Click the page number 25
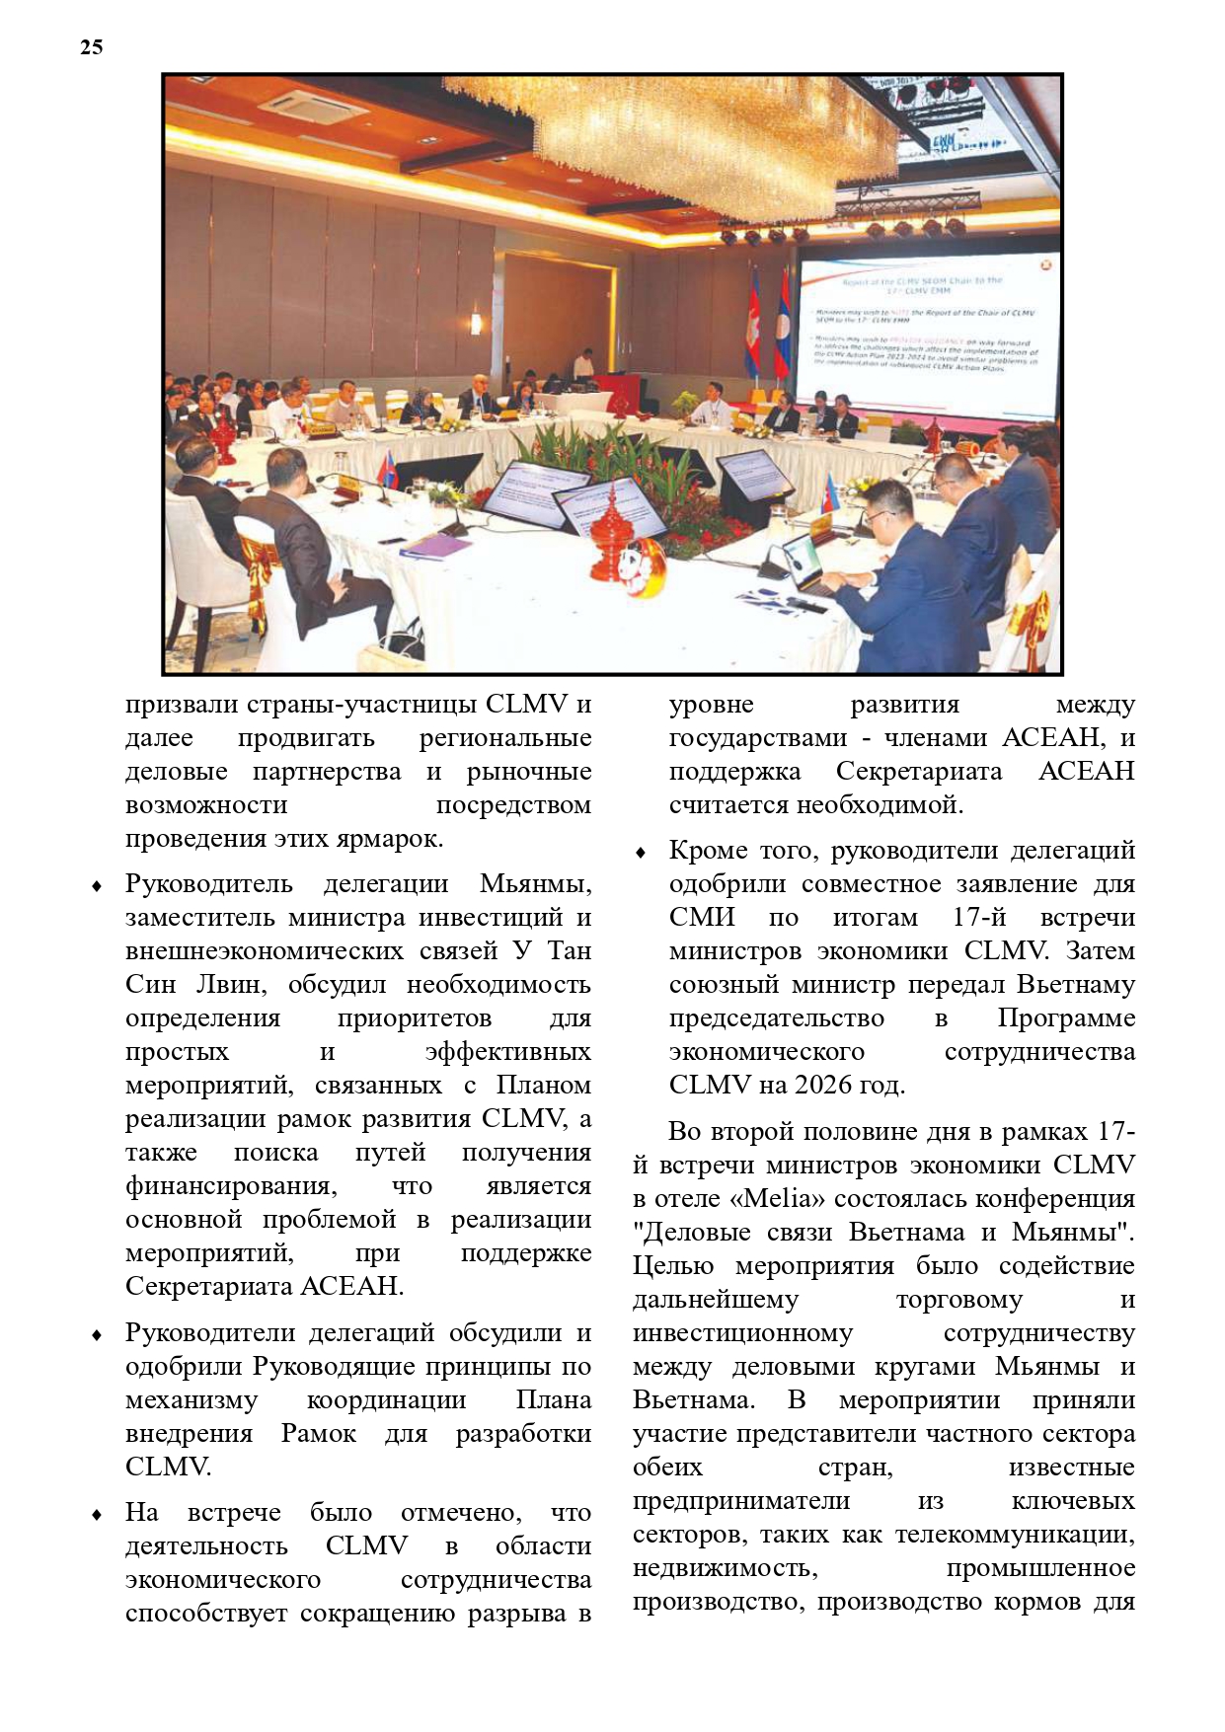91,46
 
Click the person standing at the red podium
584,367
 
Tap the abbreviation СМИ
702,917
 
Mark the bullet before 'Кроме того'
641,852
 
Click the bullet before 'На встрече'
97,1514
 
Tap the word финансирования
231,1185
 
